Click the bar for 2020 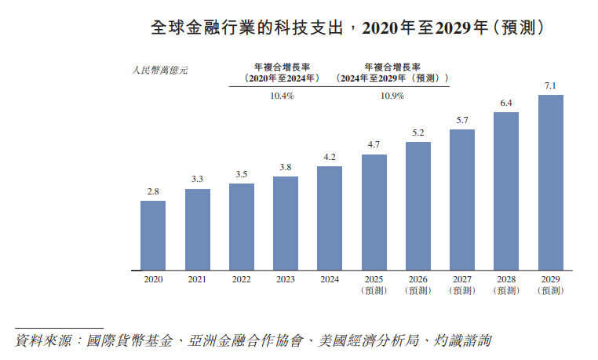pyautogui.click(x=153, y=235)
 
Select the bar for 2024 pyautogui.click(x=330, y=217)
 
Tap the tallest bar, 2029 pyautogui.click(x=550, y=182)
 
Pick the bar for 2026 pyautogui.click(x=418, y=205)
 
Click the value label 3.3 pyautogui.click(x=197, y=180)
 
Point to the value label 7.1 pyautogui.click(x=550, y=85)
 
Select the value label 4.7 pyautogui.click(x=374, y=145)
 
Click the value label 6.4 pyautogui.click(x=506, y=103)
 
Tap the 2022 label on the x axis pyautogui.click(x=241, y=279)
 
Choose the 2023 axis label pyautogui.click(x=286, y=279)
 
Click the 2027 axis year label pyautogui.click(x=462, y=279)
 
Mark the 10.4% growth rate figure pyautogui.click(x=282, y=96)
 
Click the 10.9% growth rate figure pyautogui.click(x=392, y=96)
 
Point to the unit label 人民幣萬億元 pyautogui.click(x=160, y=70)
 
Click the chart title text pyautogui.click(x=348, y=28)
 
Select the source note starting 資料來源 pyautogui.click(x=254, y=341)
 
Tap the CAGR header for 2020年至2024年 pyautogui.click(x=282, y=72)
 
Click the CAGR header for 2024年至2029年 pyautogui.click(x=392, y=72)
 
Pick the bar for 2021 pyautogui.click(x=197, y=228)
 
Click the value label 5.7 pyautogui.click(x=462, y=120)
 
